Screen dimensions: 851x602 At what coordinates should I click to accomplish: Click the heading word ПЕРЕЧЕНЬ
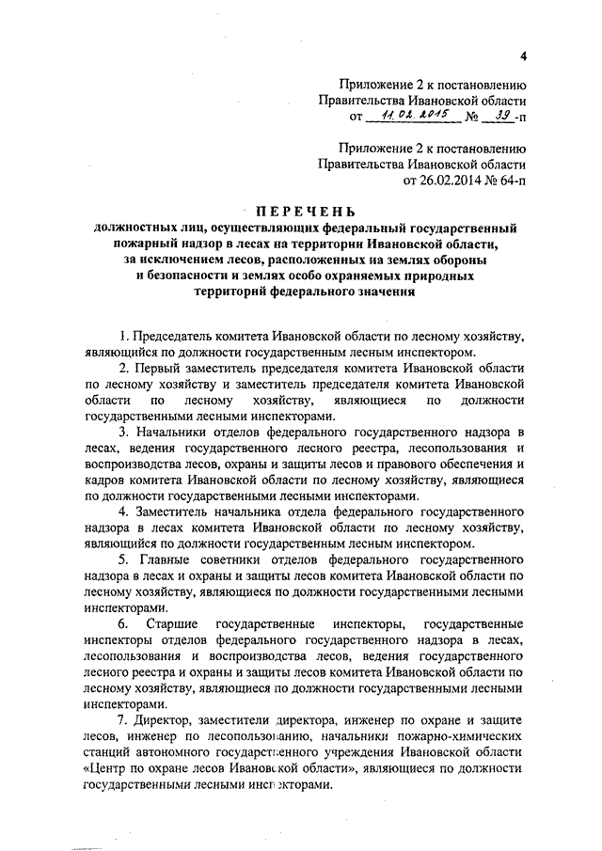pos(301,211)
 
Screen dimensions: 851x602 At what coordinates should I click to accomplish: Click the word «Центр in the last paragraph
pos(109,768)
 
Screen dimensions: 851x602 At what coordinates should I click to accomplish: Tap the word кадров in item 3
pos(104,479)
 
